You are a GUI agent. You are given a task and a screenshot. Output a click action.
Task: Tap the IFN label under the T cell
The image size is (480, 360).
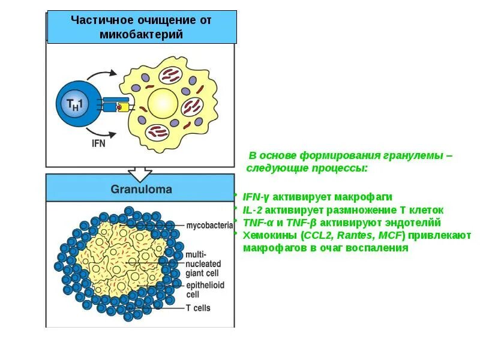[98, 143]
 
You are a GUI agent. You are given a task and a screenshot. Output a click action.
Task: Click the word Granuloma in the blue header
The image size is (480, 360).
[141, 189]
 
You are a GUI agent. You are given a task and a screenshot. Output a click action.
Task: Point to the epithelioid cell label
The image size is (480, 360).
[205, 290]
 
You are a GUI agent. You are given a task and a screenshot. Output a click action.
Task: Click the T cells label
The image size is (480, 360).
[198, 308]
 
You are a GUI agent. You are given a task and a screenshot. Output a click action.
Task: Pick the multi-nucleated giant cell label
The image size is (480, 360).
[203, 263]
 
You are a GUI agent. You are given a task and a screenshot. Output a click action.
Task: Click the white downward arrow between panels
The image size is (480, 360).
[141, 173]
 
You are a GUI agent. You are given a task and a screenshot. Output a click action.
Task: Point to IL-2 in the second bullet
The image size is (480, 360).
[253, 210]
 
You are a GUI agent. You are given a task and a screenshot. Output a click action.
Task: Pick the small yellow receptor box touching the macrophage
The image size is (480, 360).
[125, 107]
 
